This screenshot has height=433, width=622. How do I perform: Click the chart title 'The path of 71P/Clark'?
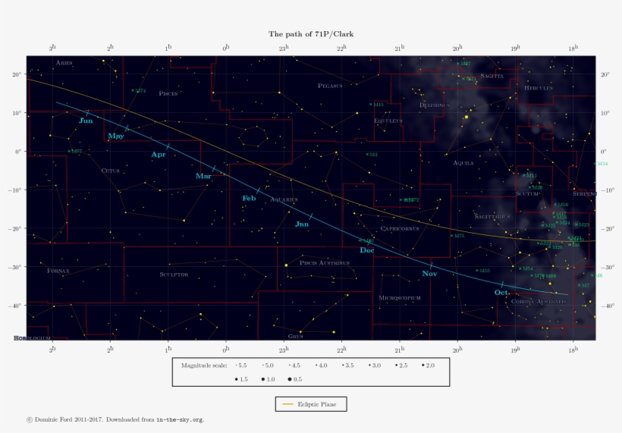tap(311, 34)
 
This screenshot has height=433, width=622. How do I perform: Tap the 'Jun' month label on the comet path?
tap(86, 121)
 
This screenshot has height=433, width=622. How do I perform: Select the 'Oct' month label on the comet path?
tap(501, 293)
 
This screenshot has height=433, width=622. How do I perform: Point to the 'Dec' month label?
tap(367, 250)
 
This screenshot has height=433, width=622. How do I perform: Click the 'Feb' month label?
tap(249, 199)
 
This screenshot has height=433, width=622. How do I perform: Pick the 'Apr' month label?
tap(158, 155)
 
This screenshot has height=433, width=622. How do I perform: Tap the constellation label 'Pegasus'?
tap(330, 86)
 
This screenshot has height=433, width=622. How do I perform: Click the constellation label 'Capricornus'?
tap(399, 228)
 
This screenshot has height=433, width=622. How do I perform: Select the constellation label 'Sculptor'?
tap(174, 275)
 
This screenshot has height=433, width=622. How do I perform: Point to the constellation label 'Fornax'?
tap(58, 271)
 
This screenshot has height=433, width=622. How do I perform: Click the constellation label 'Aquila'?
tap(463, 163)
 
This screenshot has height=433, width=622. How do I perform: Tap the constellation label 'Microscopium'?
tap(399, 298)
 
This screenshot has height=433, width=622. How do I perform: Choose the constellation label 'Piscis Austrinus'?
tap(325, 263)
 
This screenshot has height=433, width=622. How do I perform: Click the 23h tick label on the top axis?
tap(284, 48)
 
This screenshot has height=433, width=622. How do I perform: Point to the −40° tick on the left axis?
tap(16, 306)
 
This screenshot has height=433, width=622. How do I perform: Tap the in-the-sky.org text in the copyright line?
tap(180, 419)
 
